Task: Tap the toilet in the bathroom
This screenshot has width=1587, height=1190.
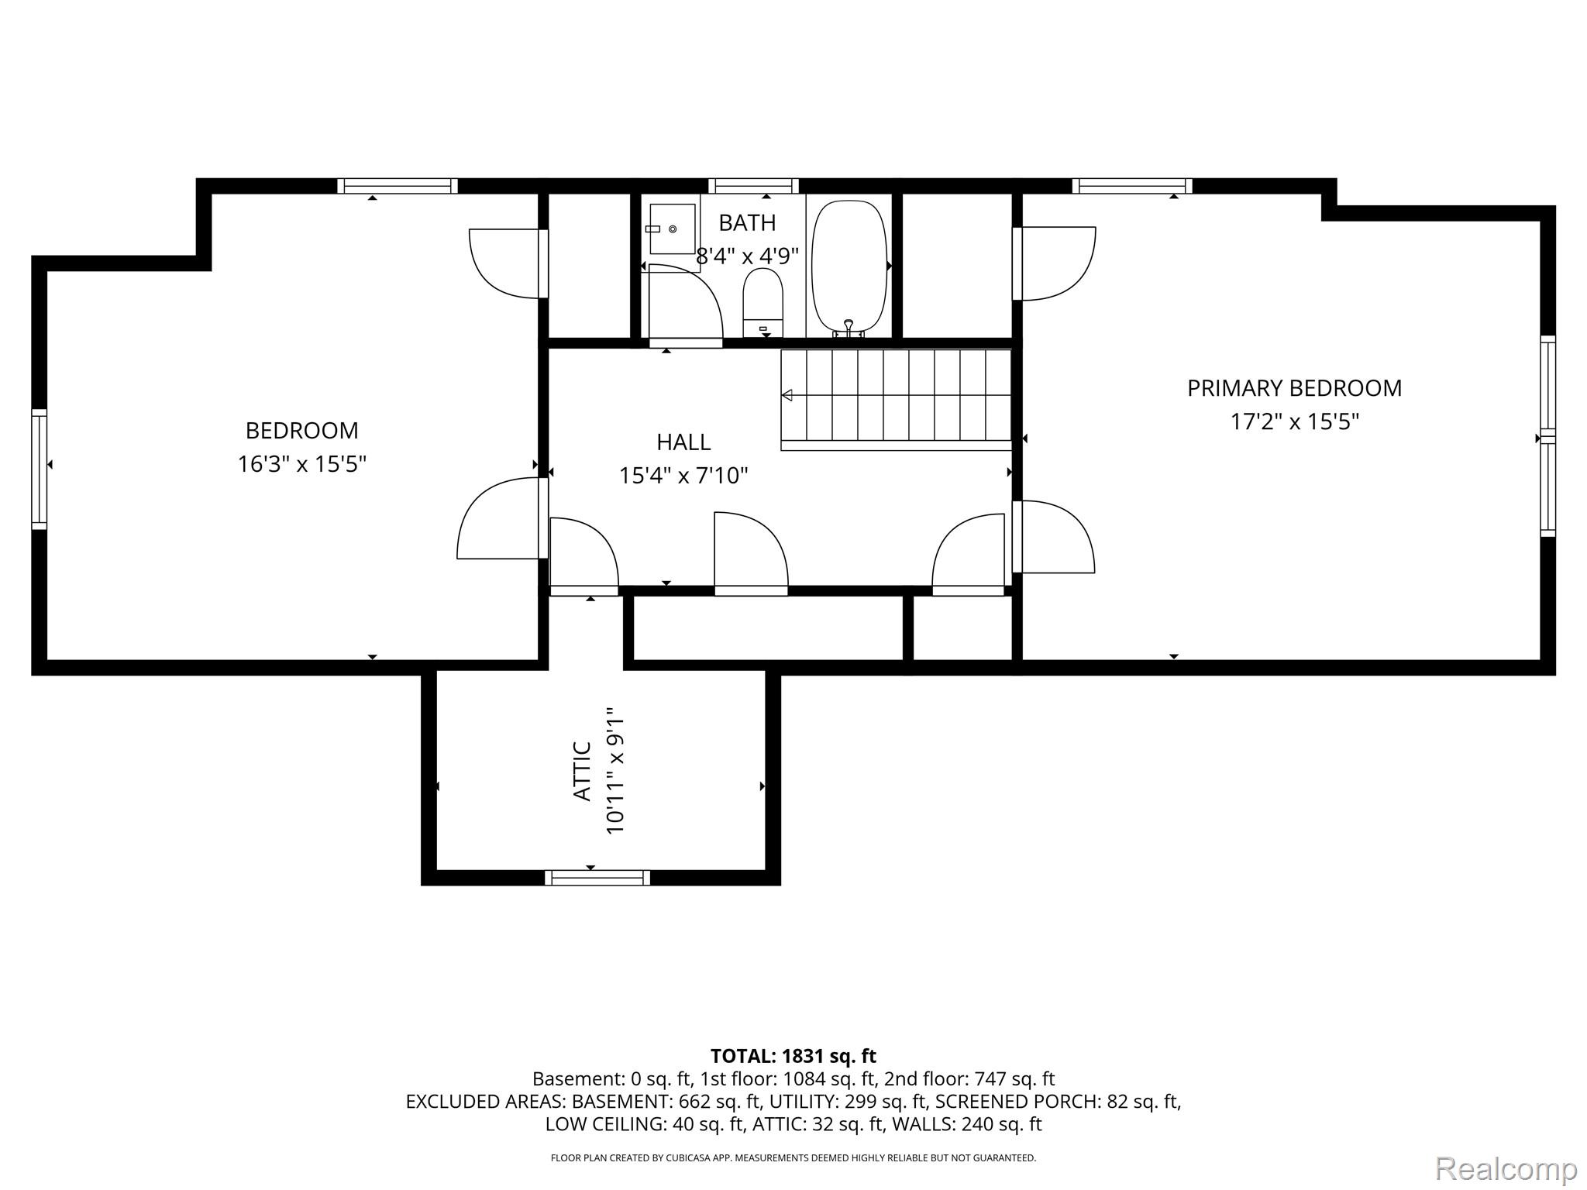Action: [763, 303]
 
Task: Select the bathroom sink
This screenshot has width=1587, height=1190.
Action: [672, 229]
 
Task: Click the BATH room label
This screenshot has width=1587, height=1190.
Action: [747, 223]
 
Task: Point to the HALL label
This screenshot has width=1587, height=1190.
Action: [683, 442]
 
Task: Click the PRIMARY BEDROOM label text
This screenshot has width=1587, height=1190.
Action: [1294, 388]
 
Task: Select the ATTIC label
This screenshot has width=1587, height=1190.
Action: [583, 771]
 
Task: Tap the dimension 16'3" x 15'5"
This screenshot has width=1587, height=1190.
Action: [301, 464]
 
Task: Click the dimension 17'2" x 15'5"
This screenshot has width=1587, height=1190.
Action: [1295, 421]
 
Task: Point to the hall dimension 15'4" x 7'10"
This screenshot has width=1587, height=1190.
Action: [683, 475]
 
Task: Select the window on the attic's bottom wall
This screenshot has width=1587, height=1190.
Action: [597, 878]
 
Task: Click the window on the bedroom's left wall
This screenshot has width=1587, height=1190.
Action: [40, 469]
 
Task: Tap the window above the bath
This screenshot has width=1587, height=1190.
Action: [753, 186]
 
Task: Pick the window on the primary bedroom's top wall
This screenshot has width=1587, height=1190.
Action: [1132, 186]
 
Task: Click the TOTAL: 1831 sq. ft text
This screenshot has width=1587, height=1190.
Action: [793, 1056]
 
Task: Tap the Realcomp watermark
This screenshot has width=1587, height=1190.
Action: [1506, 1168]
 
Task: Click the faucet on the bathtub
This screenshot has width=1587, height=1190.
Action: [849, 328]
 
